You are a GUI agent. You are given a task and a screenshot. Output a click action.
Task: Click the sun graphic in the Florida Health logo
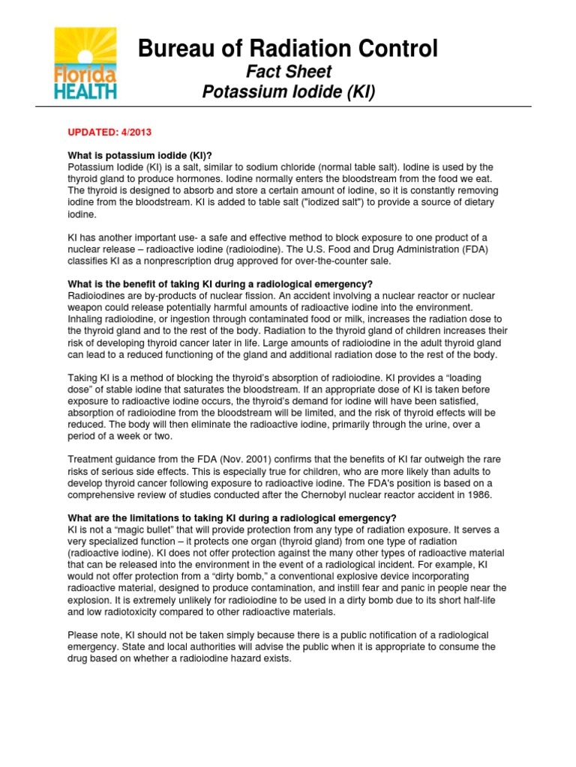pos(85,49)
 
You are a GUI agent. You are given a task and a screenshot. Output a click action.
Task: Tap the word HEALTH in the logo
pos(85,91)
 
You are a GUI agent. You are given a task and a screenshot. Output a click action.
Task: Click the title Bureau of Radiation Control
pos(288,49)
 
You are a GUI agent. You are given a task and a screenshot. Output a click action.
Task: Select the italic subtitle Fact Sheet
pos(289,72)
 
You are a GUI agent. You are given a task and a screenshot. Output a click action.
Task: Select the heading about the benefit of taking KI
pos(220,284)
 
